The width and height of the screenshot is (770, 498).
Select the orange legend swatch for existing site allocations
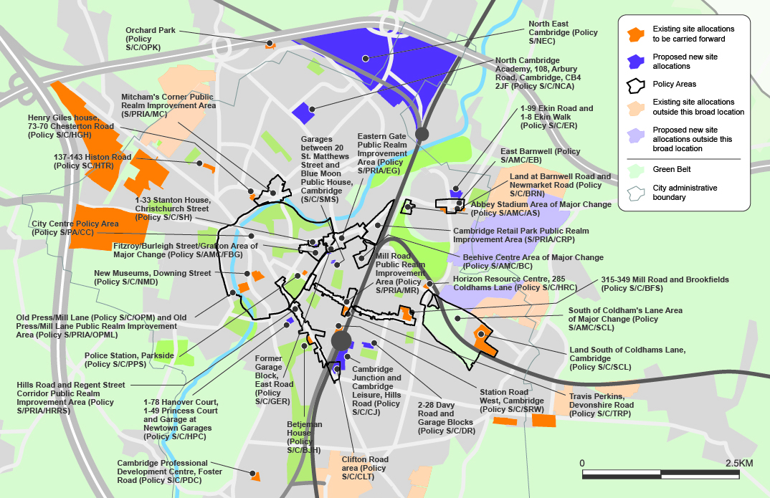tap(634, 34)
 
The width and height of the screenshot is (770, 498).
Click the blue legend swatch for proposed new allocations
tap(634, 61)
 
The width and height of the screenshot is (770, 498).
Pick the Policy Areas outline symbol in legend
tap(634, 85)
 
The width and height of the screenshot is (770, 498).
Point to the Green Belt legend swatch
tap(634, 170)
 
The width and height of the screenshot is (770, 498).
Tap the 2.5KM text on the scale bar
tap(738, 464)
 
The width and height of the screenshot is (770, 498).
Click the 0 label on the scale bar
tap(582, 464)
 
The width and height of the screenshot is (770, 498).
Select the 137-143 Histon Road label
tap(92, 161)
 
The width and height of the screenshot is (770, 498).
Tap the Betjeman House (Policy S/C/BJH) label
tap(305, 437)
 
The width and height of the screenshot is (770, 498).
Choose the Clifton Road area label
tap(365, 468)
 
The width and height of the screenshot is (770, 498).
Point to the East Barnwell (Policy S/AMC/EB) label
tap(540, 156)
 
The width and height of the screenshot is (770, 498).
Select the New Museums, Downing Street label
tap(152, 277)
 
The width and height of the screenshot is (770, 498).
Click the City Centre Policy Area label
tap(75, 229)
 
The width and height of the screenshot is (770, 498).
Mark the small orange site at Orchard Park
tap(270, 45)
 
